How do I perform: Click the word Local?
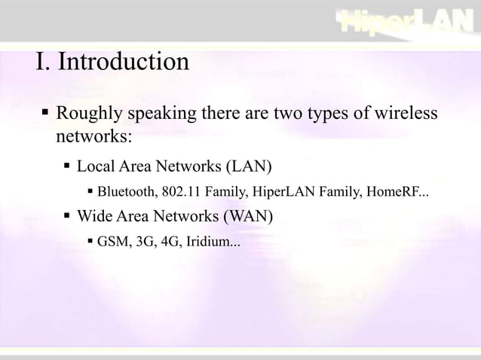pyautogui.click(x=95, y=165)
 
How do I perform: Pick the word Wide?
pyautogui.click(x=94, y=217)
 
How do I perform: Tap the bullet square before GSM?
pyautogui.click(x=90, y=242)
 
